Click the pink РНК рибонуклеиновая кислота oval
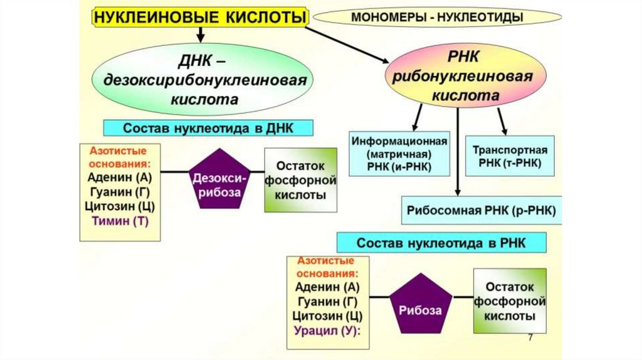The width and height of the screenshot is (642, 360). pos(464,77)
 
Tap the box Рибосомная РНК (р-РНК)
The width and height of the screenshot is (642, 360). pos(481,209)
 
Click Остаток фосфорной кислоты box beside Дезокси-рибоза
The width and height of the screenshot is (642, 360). pos(300,181)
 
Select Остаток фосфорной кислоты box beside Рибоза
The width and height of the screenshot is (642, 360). pos(509,302)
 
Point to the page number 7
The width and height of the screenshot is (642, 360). pos(531,338)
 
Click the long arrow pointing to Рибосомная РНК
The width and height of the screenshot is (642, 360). pos(458,151)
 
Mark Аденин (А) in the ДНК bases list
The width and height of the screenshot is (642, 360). pos(119,176)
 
